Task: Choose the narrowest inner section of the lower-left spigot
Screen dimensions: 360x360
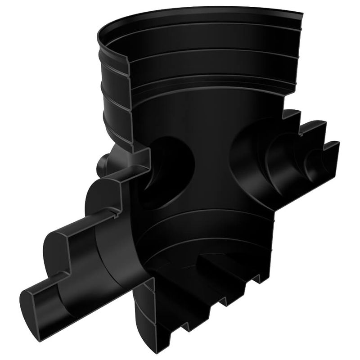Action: [49, 299]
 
